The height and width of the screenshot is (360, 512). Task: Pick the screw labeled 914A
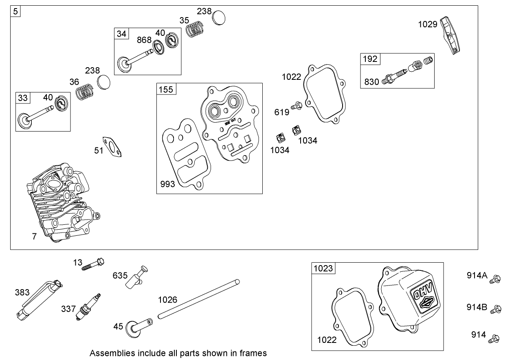click(496, 279)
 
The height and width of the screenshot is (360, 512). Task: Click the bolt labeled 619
click(296, 107)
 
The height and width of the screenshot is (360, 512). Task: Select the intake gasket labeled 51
click(112, 147)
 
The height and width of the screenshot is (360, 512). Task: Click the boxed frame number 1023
click(323, 268)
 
